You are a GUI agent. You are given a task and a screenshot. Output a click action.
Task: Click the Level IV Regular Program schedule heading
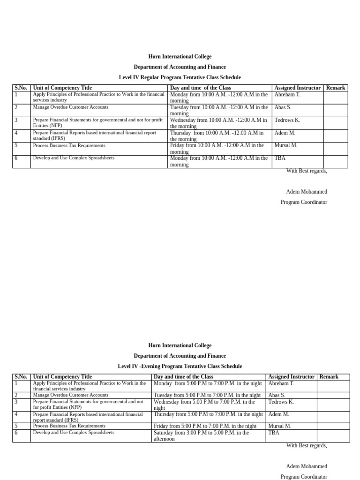[180, 77]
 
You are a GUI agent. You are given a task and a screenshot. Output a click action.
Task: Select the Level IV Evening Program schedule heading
[180, 366]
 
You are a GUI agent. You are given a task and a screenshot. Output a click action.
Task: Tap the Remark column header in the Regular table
[336, 88]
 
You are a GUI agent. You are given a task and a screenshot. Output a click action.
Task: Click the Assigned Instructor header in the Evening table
[291, 377]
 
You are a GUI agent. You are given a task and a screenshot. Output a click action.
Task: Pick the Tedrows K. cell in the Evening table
[281, 402]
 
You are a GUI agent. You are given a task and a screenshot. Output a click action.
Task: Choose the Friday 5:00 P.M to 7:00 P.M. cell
[205, 426]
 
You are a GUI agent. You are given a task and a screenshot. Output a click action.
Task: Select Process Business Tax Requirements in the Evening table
[69, 426]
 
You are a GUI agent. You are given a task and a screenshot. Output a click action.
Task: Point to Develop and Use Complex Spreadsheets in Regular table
[74, 158]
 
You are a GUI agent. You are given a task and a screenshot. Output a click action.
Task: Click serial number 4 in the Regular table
[16, 133]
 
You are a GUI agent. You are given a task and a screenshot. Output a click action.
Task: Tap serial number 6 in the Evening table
[16, 433]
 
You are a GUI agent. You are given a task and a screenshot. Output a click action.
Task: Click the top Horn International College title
[180, 57]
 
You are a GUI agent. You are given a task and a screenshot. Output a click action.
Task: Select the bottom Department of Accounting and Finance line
[180, 356]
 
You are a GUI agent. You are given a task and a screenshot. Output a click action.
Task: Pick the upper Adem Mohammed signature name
[307, 192]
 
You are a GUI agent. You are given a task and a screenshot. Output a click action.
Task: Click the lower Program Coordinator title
[304, 477]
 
